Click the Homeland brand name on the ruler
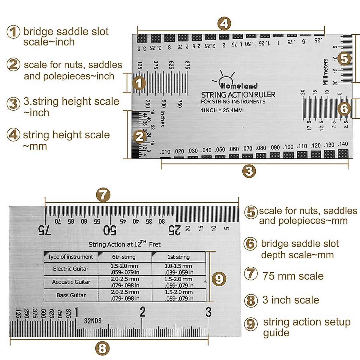(x=239, y=86)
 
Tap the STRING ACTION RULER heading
(x=238, y=95)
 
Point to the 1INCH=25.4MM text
(x=222, y=110)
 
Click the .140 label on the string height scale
(x=343, y=144)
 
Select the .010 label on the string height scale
(x=165, y=152)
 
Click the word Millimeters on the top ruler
(x=325, y=72)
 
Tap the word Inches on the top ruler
(x=163, y=118)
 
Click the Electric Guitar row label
(x=71, y=269)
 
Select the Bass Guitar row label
(x=71, y=295)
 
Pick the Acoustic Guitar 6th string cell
(x=125, y=282)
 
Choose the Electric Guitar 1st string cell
(x=178, y=269)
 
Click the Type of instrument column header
(x=70, y=257)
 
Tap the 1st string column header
(x=178, y=257)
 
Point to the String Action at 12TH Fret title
(x=124, y=244)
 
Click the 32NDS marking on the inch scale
(x=93, y=321)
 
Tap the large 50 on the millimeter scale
(x=109, y=230)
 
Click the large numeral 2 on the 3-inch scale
(x=142, y=312)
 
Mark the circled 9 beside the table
(x=219, y=279)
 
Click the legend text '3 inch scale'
(x=290, y=300)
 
